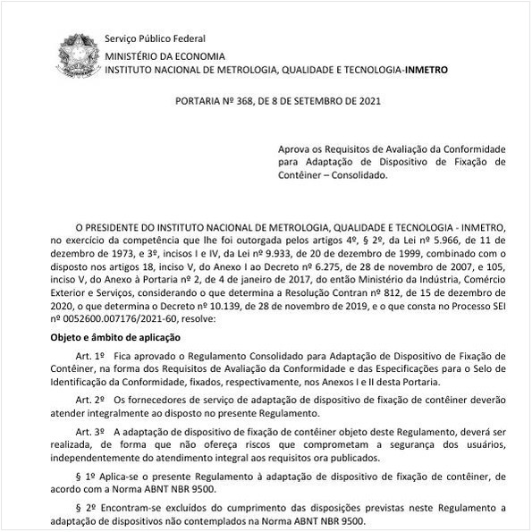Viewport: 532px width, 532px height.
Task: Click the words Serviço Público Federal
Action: pyautogui.click(x=155, y=38)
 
